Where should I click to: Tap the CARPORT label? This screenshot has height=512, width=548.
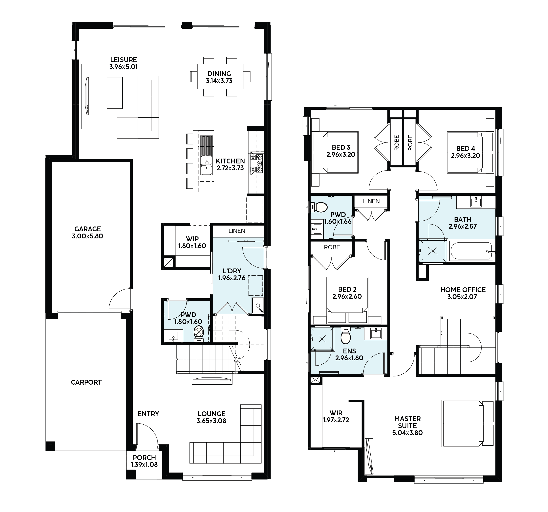pos(86,382)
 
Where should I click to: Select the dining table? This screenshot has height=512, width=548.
pos(220,77)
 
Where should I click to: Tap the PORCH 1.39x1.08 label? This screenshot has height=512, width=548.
pos(144,461)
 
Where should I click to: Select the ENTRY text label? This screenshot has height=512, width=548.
pos(148,414)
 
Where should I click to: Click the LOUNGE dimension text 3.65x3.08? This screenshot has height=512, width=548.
pos(211,421)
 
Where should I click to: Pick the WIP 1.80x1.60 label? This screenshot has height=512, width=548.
pos(192,242)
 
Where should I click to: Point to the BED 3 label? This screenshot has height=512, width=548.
pos(341,147)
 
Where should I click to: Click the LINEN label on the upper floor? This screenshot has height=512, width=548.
pos(371,201)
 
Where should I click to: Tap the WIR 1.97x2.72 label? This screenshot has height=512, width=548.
pos(336,416)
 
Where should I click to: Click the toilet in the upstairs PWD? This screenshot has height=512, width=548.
pos(320,207)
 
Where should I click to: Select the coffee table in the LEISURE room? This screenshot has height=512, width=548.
pos(115,92)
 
